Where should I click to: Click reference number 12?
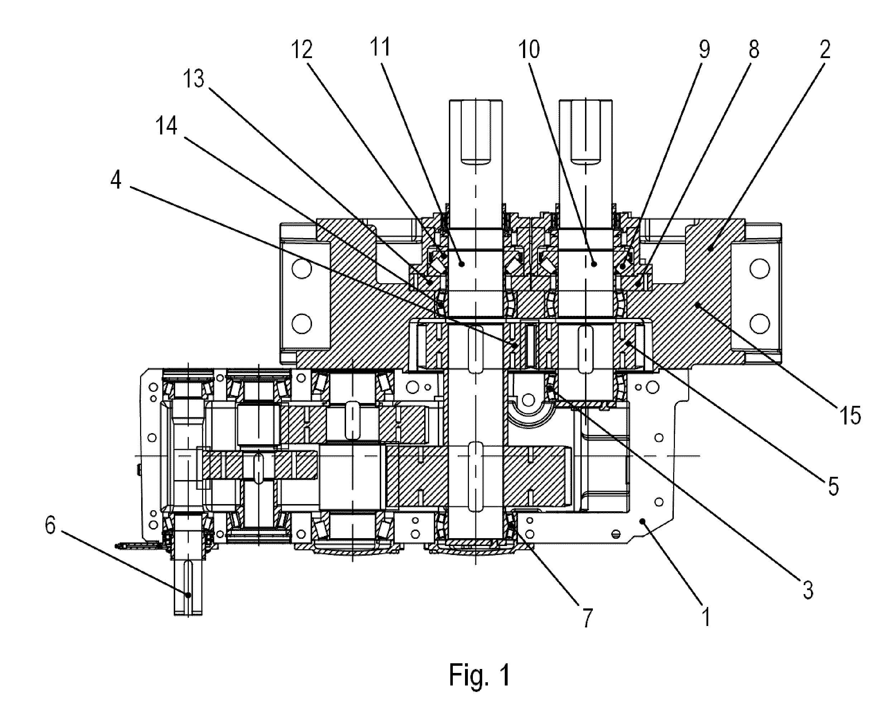tap(302, 50)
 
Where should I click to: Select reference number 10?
tap(529, 49)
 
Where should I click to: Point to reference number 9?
tap(704, 49)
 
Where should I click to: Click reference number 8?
tap(753, 49)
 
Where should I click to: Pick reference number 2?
tap(825, 49)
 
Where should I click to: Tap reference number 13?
tap(194, 79)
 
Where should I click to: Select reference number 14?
tap(166, 125)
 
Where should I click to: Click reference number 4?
tap(116, 180)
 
